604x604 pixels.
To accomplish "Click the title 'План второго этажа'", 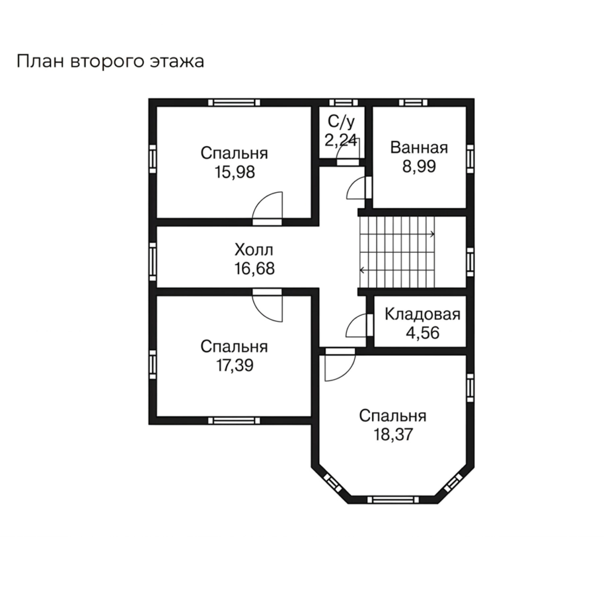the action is [110, 62].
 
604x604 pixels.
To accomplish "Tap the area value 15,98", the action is [235, 172].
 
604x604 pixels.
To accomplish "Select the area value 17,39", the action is [235, 366].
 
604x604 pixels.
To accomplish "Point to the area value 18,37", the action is [393, 435].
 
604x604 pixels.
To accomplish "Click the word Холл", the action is [254, 250].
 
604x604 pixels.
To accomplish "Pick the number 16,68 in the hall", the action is [254, 269].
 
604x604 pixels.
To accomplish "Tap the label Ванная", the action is [419, 148].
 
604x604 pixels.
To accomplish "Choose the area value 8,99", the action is [419, 166].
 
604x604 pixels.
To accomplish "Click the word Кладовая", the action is [422, 314].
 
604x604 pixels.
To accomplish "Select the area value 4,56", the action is [422, 333].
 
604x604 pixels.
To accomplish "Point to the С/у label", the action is [341, 121].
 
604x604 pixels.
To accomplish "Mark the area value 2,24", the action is [341, 140].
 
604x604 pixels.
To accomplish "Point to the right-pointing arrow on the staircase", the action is [432, 234].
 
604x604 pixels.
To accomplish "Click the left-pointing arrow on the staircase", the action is [362, 270].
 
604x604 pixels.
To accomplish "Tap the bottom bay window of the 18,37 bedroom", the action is [393, 500].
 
